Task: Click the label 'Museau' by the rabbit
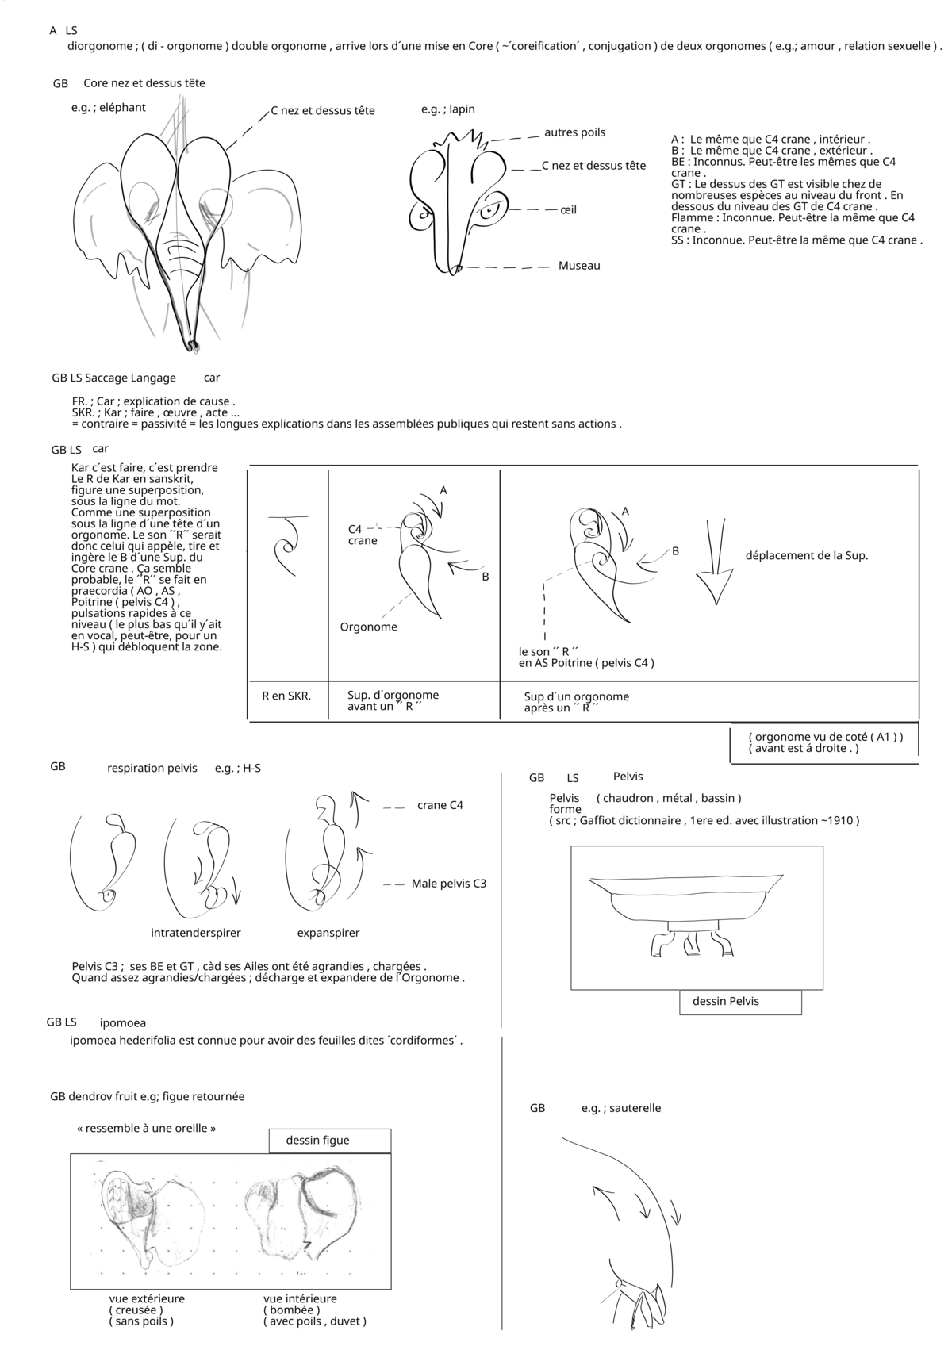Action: coord(579,266)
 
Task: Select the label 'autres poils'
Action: coord(574,132)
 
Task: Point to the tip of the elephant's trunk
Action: coord(193,346)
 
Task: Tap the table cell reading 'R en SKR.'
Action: coord(286,696)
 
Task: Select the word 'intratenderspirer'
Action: coord(196,933)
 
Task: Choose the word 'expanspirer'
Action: coord(328,933)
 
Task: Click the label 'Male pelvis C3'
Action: coord(449,884)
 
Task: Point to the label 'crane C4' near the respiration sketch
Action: coord(440,806)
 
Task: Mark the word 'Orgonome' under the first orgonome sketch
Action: coord(369,627)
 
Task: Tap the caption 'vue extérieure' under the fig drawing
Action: coord(147,1298)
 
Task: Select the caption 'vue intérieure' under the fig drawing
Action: coord(300,1298)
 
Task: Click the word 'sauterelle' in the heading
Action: coord(632,1108)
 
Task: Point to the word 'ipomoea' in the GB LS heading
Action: coord(123,1023)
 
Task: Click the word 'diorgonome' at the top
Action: coord(100,46)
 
